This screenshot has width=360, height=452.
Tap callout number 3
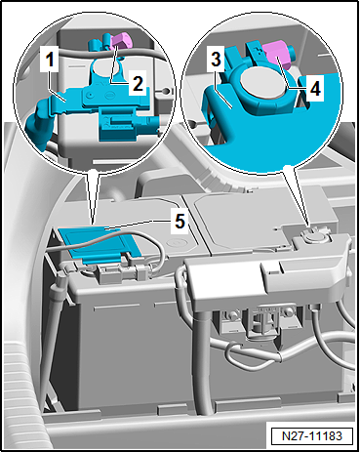pos(216,60)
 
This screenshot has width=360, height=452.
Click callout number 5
pos(180,222)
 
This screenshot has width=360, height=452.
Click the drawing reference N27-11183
pos(312,435)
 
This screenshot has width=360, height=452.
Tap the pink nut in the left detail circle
pos(120,41)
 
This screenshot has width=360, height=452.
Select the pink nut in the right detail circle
pos(276,54)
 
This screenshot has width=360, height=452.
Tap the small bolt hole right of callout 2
pos(166,90)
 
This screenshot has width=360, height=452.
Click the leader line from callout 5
pos(138,225)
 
